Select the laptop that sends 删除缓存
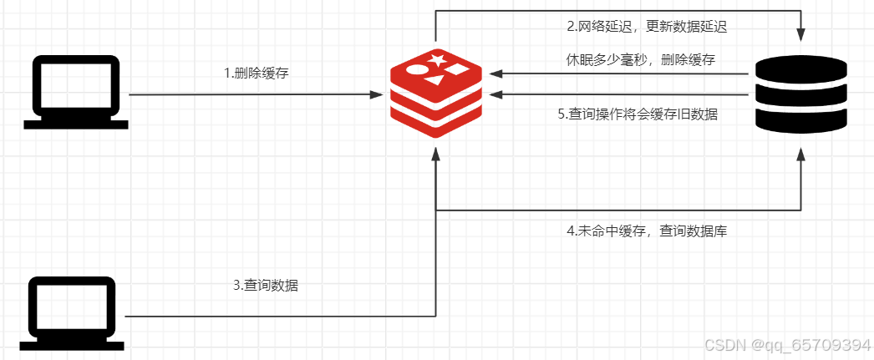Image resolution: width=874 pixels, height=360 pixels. (x=76, y=92)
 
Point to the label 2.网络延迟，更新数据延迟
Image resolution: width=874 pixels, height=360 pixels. (x=646, y=26)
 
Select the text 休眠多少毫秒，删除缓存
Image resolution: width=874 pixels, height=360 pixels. (x=639, y=59)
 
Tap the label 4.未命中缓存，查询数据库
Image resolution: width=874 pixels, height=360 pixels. (x=646, y=231)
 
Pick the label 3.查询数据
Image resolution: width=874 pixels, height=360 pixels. (x=266, y=286)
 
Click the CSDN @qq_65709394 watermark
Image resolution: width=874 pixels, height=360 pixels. (x=787, y=345)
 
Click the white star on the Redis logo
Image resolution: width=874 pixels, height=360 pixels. (x=437, y=59)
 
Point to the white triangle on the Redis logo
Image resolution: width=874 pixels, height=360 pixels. (x=434, y=81)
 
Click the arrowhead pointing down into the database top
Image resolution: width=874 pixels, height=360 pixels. (x=800, y=35)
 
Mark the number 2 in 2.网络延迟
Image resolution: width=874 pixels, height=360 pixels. (x=571, y=26)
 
